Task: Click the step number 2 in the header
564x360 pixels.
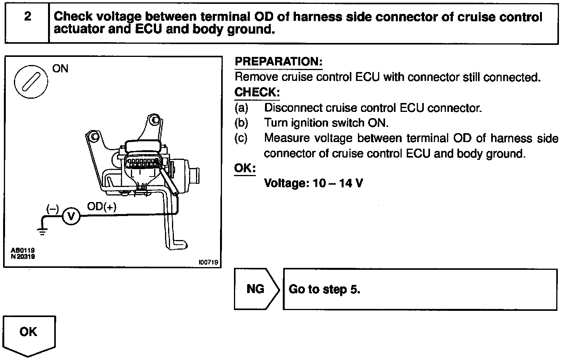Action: point(27,17)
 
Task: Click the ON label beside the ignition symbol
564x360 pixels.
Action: point(60,69)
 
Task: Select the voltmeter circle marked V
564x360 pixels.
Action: point(71,216)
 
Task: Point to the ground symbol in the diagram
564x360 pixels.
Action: point(42,232)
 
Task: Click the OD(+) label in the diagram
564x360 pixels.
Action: point(101,207)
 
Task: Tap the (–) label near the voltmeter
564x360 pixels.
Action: point(52,209)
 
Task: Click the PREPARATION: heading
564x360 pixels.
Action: point(279,62)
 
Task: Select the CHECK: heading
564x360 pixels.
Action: point(257,93)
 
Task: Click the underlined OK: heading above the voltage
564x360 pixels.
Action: point(245,168)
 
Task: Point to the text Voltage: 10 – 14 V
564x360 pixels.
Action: point(313,183)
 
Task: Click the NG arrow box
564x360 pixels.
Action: point(256,289)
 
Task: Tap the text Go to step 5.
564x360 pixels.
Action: point(325,289)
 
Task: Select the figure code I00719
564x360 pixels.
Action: point(208,262)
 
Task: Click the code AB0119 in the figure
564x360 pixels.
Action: point(23,250)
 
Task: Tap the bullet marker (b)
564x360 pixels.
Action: point(241,123)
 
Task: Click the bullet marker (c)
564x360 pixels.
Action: point(241,138)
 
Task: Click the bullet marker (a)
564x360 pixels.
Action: point(241,108)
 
